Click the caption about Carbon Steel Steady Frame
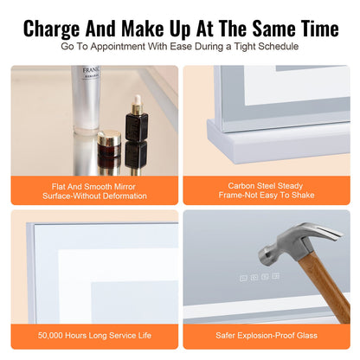click(x=267, y=190)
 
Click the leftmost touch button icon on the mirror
click(x=243, y=278)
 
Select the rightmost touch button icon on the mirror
click(x=275, y=276)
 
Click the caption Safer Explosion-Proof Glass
click(x=267, y=333)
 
